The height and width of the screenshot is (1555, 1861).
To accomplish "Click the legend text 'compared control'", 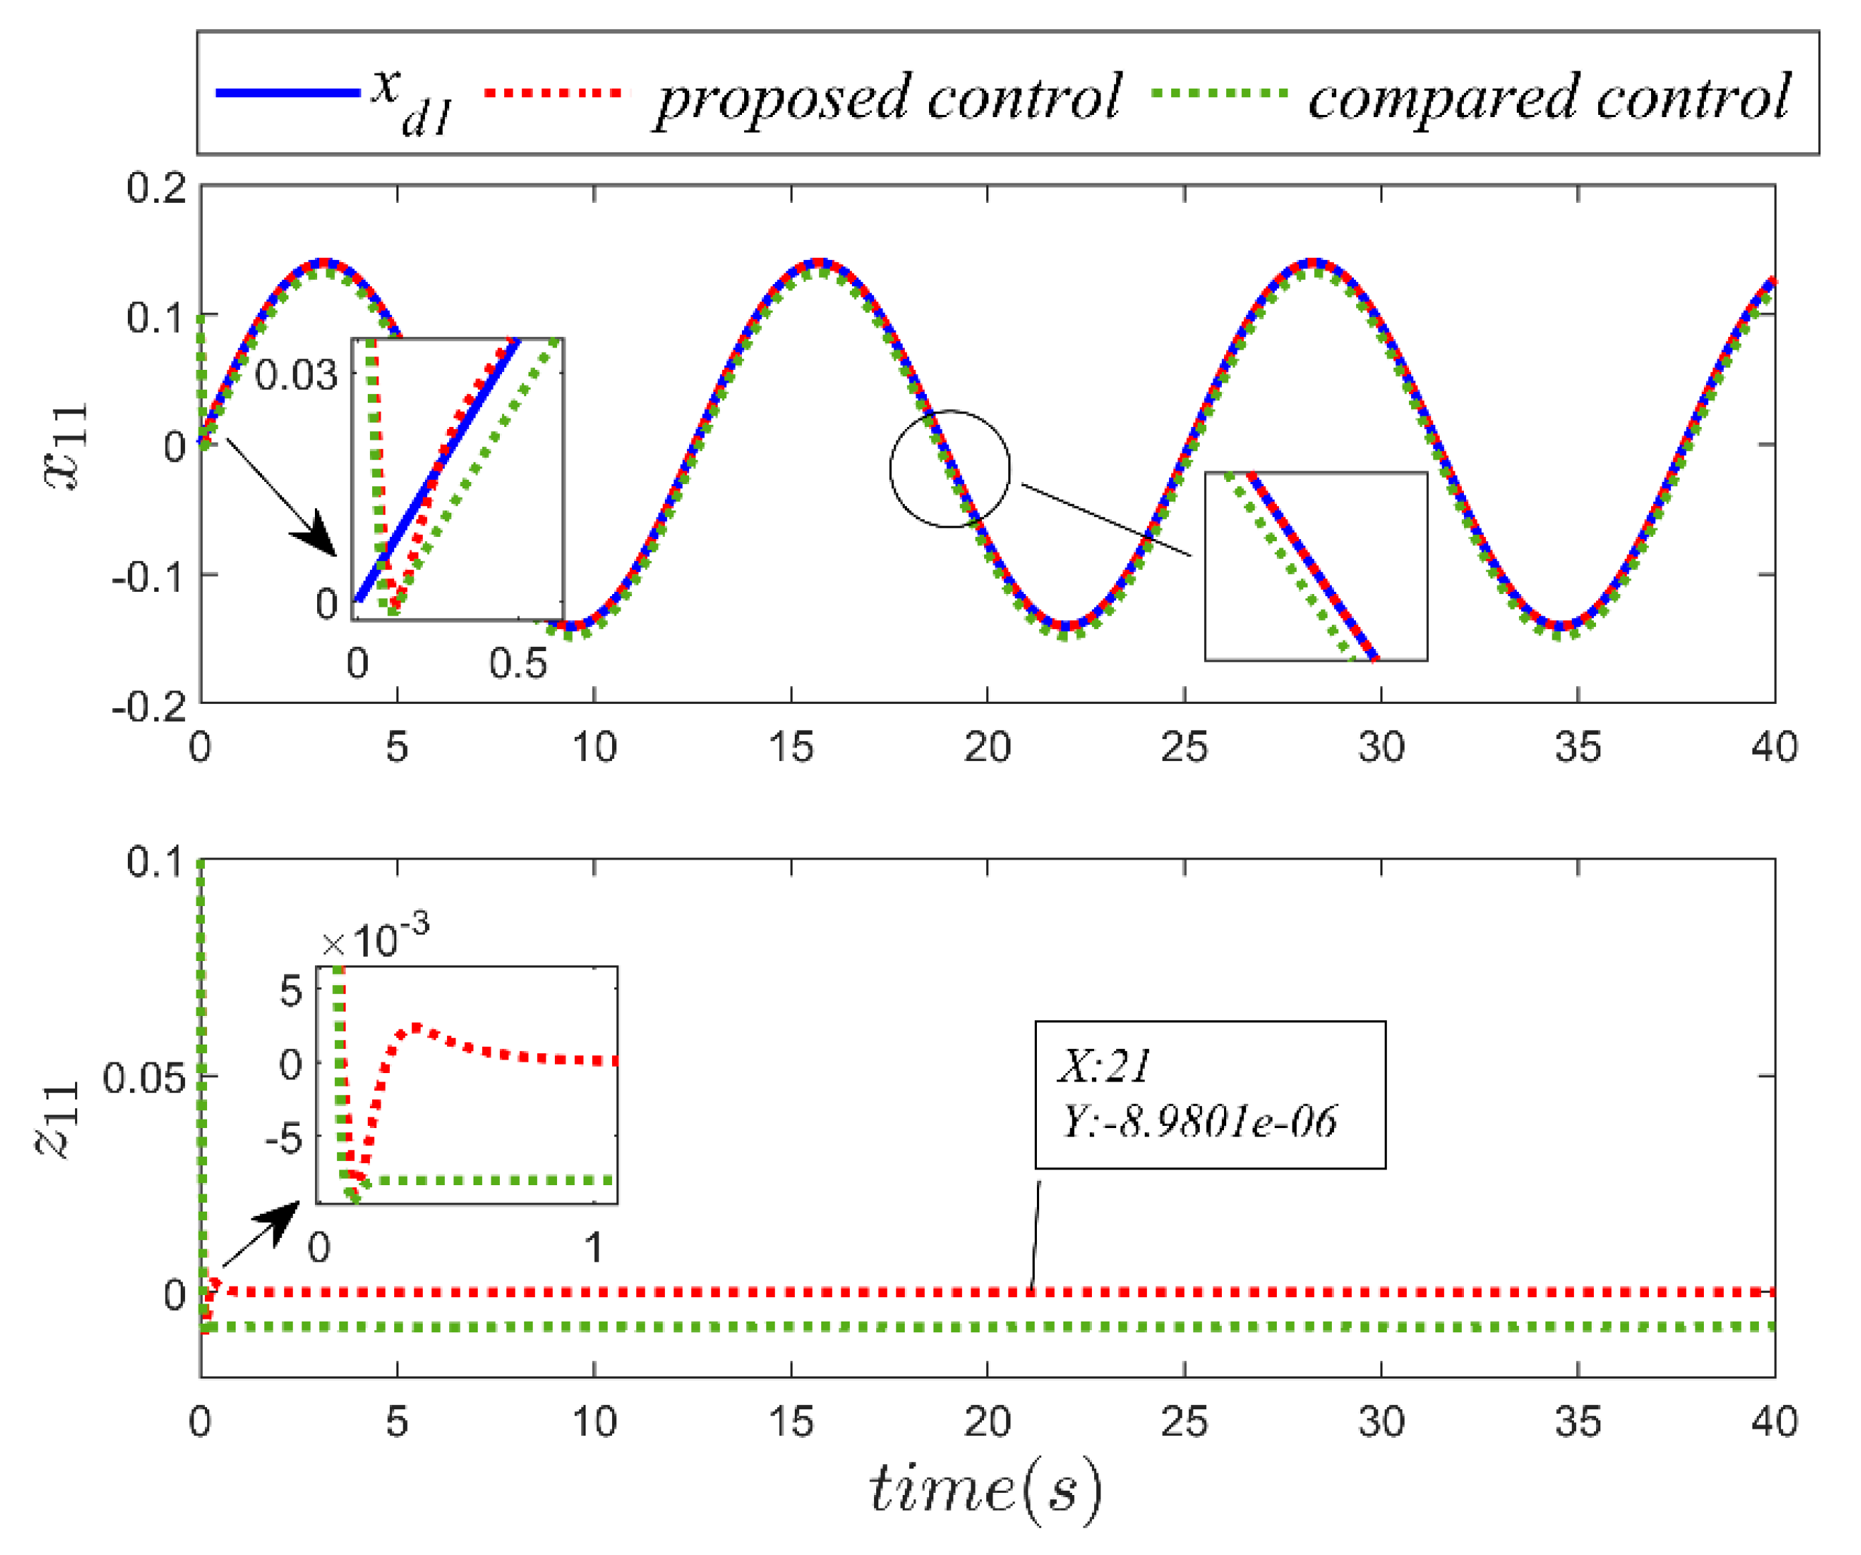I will pos(1548,98).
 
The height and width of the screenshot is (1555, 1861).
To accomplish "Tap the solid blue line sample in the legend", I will pos(288,93).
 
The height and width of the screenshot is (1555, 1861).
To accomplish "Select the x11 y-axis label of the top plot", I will pos(66,446).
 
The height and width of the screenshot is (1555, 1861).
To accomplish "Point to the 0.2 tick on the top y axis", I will pos(157,188).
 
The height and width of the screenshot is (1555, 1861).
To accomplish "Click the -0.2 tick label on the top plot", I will pos(149,706).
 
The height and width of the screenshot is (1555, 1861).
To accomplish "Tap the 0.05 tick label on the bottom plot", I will pos(144,1078).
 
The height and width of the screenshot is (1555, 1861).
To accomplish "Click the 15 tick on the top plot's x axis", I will pos(791,747).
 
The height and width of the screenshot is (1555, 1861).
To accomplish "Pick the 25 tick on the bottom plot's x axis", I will pos(1184,1422).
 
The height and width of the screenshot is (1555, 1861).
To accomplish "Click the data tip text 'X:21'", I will pos(1104,1066).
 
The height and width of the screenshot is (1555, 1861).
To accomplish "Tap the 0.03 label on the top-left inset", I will pos(296,376).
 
